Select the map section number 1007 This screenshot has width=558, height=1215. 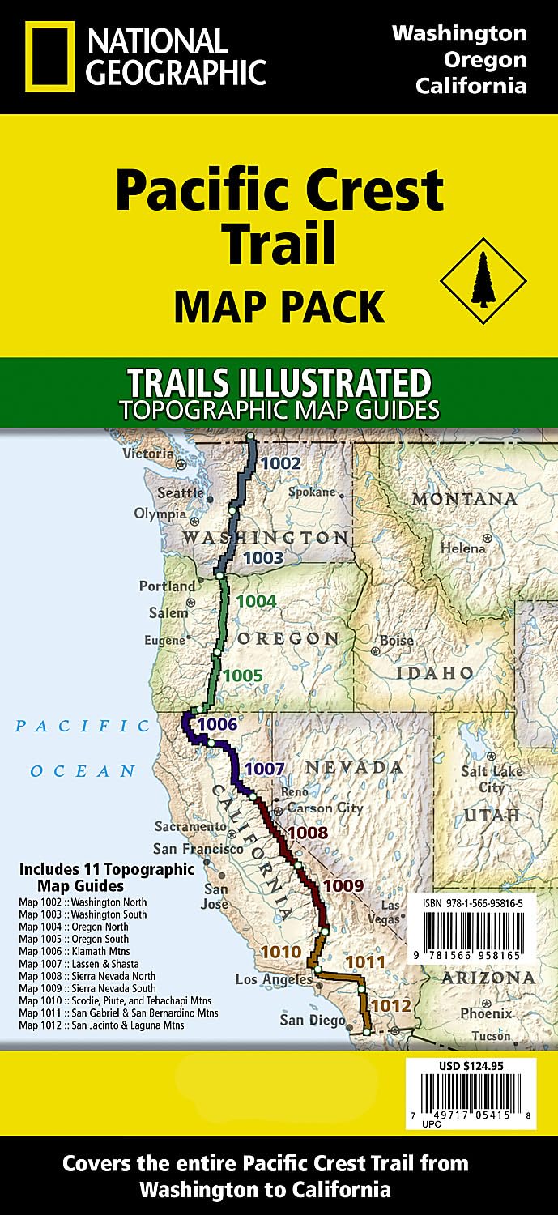point(264,769)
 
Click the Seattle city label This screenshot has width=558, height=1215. point(181,492)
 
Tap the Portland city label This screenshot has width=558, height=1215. point(167,586)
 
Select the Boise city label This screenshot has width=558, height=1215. point(397,641)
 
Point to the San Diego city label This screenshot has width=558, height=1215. point(312,1021)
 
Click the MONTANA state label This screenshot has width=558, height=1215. point(464,499)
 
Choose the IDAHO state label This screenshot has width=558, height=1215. point(435,673)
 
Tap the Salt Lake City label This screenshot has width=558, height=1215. point(485,780)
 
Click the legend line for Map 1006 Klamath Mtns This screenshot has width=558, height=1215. point(74,951)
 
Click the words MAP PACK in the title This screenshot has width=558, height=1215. point(279,307)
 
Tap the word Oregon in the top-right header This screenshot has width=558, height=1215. point(471,59)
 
